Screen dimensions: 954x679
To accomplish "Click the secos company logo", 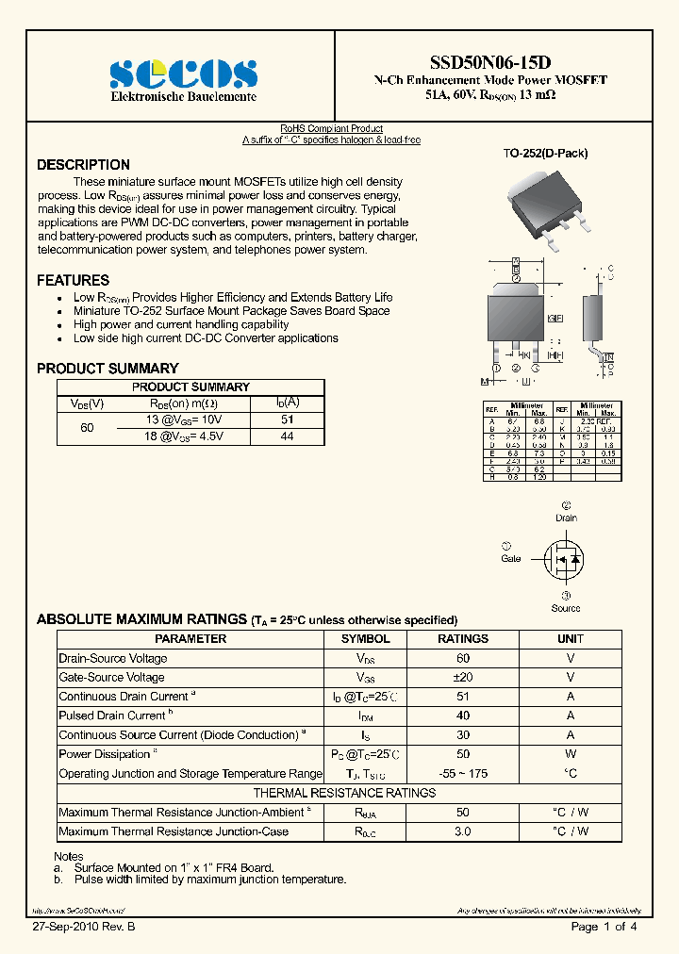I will pyautogui.click(x=183, y=74).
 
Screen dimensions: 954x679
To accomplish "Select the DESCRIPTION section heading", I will pyautogui.click(x=83, y=165).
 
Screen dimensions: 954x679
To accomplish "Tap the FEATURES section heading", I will pyautogui.click(x=73, y=280).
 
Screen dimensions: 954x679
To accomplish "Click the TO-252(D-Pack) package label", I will pyautogui.click(x=545, y=153).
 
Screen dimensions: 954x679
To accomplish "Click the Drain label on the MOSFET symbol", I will pyautogui.click(x=566, y=518).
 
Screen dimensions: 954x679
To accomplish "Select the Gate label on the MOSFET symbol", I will pyautogui.click(x=510, y=559).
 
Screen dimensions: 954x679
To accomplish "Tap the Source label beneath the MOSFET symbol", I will pyautogui.click(x=566, y=608).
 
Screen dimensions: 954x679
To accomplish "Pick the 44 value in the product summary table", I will pyautogui.click(x=287, y=436).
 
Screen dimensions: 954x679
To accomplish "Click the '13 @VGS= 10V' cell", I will pyautogui.click(x=184, y=419).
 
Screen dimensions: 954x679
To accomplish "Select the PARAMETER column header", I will pyautogui.click(x=190, y=638).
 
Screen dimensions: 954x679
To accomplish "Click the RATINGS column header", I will pyautogui.click(x=463, y=638).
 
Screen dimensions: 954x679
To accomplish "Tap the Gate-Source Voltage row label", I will pyautogui.click(x=111, y=677).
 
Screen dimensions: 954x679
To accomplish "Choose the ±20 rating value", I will pyautogui.click(x=463, y=677).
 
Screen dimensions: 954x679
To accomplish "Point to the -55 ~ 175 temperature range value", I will pyautogui.click(x=463, y=773).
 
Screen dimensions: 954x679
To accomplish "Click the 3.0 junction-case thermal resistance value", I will pyautogui.click(x=463, y=831).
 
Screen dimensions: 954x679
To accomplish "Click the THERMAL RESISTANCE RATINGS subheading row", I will pyautogui.click(x=343, y=793).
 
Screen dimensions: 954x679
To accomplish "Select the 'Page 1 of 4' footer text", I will pyautogui.click(x=604, y=928).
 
